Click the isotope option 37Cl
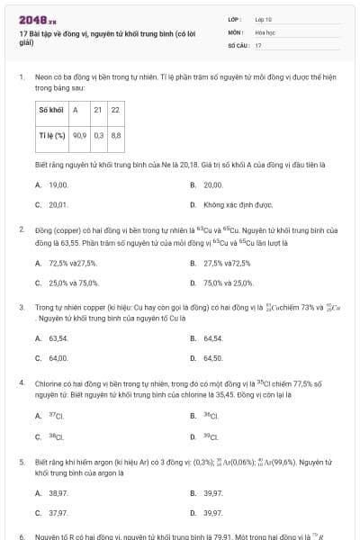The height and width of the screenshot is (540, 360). (57, 416)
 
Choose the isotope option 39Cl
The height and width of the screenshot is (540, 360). (211, 436)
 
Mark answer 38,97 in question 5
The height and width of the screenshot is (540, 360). (58, 493)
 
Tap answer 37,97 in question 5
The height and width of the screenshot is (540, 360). (58, 513)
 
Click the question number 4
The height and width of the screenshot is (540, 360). (21, 382)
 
